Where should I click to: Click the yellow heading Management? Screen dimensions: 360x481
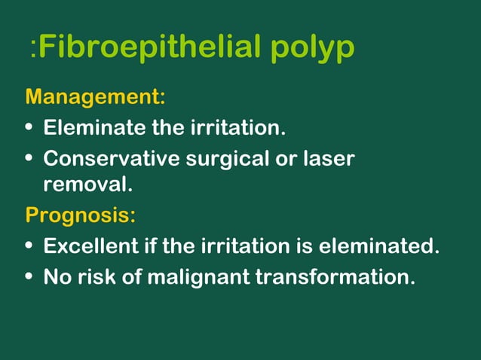pyautogui.click(x=95, y=97)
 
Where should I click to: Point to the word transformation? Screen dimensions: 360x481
pyautogui.click(x=335, y=277)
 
